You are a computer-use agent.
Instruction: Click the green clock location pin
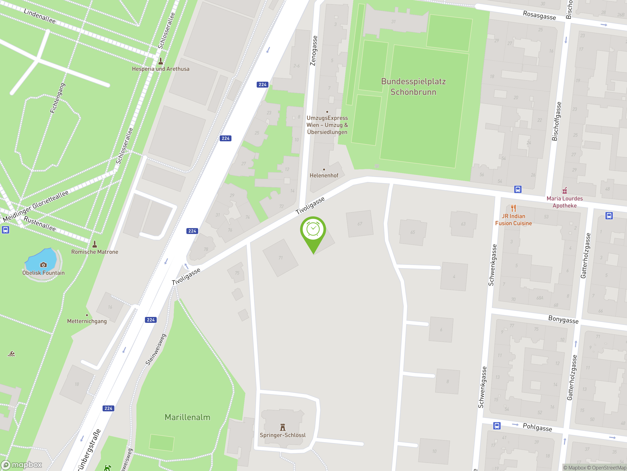tap(313, 229)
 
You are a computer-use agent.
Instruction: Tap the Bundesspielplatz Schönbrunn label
tap(413, 87)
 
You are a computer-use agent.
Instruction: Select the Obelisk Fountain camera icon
tap(43, 265)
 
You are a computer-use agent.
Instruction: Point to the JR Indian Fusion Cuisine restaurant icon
tap(513, 208)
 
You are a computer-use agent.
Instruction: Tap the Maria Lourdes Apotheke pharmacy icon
tap(565, 190)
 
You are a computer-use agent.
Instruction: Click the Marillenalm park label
tap(187, 417)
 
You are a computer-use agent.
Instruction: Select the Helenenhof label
tap(324, 175)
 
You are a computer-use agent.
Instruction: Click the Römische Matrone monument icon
tap(95, 244)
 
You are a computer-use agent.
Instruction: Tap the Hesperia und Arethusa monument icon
tap(160, 61)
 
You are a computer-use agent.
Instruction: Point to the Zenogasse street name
tap(313, 51)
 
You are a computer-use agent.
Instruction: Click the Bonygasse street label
tap(563, 319)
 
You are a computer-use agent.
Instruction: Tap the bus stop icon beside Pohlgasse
tap(497, 426)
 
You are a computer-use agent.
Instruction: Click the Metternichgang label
tap(87, 321)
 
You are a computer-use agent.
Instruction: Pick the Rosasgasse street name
tap(539, 15)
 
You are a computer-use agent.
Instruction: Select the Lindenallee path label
tap(40, 16)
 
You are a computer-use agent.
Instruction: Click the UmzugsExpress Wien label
tap(327, 125)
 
